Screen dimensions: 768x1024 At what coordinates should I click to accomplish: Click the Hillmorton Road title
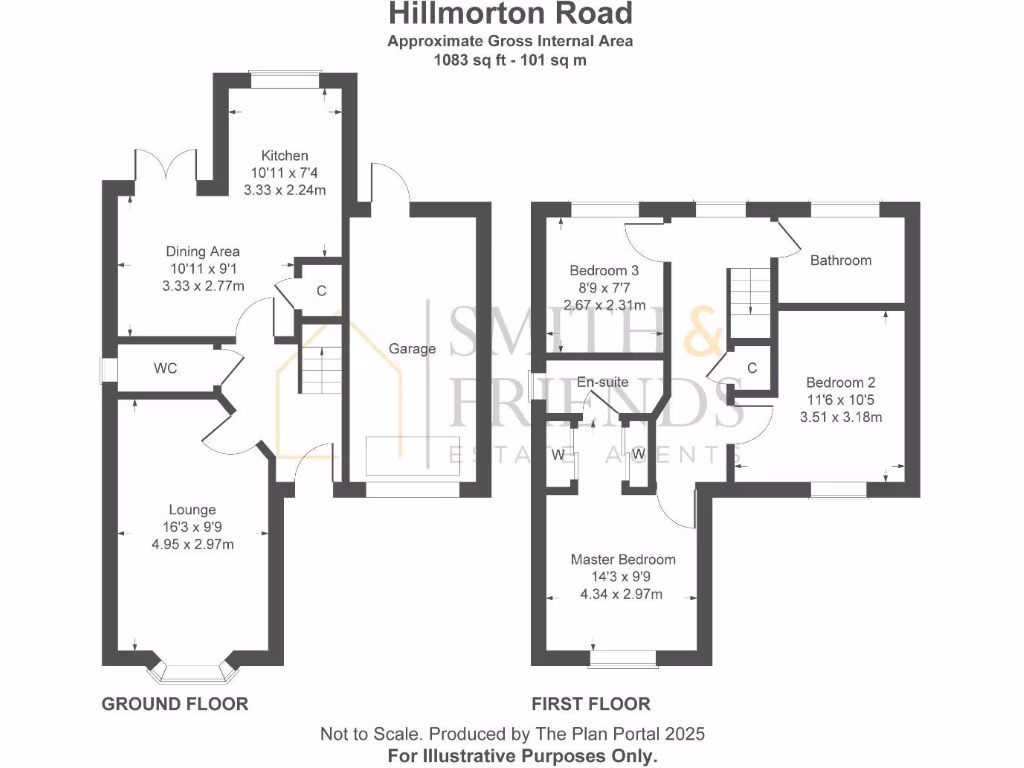510,14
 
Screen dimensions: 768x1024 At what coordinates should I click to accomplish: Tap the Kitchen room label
285,156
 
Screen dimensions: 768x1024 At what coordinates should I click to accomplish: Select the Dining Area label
203,252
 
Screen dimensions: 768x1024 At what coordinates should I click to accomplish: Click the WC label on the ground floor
165,369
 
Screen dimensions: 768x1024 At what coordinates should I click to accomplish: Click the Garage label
413,349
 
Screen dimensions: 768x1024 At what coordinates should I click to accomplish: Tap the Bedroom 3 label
604,271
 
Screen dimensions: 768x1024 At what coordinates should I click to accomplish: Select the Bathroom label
840,261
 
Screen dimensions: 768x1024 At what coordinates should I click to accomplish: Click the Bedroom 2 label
840,383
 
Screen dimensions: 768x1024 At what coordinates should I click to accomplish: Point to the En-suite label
603,382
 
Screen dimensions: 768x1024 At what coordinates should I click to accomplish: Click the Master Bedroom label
622,560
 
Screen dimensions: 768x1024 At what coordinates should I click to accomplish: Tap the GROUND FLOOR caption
175,704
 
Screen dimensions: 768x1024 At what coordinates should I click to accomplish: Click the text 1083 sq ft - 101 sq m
510,59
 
